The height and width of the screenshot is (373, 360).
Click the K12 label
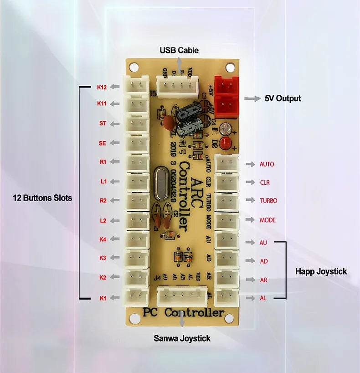tap(102, 87)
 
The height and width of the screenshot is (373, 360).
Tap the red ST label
tap(103, 123)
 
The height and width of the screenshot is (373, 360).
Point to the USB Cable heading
tap(179, 50)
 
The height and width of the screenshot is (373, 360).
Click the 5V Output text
tap(283, 98)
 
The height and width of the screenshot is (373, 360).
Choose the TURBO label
tap(268, 200)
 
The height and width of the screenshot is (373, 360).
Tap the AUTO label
tap(267, 164)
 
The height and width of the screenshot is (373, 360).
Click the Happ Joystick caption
tap(321, 271)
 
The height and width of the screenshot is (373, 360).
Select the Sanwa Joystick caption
tap(182, 338)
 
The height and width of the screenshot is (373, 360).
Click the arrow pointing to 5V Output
tap(251, 98)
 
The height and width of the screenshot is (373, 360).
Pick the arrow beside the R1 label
tap(115, 162)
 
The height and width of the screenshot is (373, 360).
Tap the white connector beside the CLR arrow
tap(226, 182)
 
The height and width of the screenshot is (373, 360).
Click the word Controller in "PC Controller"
tap(195, 313)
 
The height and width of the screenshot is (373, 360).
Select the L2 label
tap(103, 220)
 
